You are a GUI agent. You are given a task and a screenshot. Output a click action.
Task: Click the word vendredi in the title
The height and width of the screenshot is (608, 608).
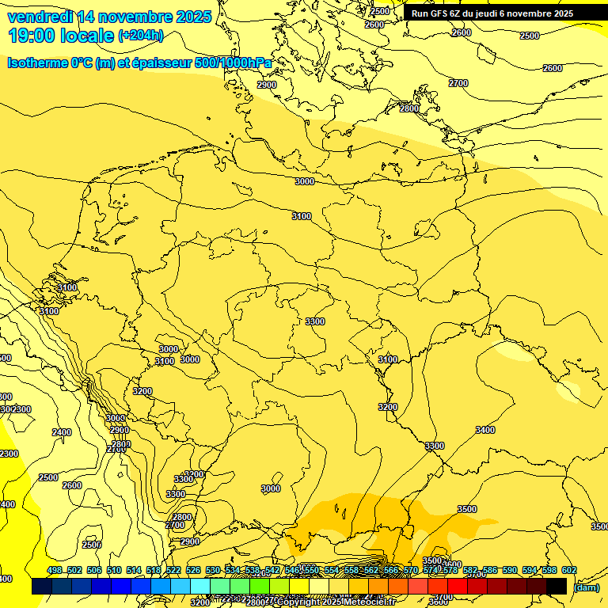click(40, 17)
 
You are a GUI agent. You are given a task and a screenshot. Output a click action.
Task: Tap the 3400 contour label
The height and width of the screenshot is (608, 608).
click(484, 430)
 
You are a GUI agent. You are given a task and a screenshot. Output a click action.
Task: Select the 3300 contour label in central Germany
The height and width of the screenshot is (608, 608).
click(315, 321)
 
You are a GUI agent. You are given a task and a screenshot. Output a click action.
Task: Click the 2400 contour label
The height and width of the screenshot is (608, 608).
click(61, 432)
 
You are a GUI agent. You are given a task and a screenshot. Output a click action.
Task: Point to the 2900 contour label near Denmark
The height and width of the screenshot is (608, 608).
click(267, 85)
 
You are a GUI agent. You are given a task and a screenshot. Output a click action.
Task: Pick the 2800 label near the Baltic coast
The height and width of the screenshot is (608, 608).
click(408, 108)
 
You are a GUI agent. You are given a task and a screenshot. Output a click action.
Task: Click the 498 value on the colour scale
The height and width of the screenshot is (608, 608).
click(54, 571)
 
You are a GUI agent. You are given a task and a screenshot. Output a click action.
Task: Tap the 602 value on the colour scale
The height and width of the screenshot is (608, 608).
click(568, 571)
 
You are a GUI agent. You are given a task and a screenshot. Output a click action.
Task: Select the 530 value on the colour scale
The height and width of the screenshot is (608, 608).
click(212, 571)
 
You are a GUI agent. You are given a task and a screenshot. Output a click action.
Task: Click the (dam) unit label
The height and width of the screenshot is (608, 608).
click(586, 587)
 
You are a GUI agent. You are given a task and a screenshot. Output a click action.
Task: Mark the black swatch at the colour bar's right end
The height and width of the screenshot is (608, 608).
click(557, 586)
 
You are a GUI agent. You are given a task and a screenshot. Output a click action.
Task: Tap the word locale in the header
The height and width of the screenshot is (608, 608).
click(88, 36)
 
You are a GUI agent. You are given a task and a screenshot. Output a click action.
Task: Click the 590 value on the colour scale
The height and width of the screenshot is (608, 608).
click(509, 571)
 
